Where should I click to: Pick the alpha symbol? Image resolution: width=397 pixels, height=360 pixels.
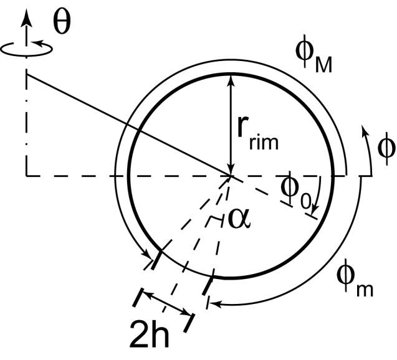coord(241,220)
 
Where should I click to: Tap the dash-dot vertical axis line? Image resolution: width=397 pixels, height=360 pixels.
coord(26,125)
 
